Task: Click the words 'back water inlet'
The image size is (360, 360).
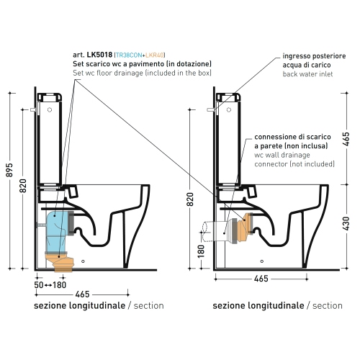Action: (x=307, y=74)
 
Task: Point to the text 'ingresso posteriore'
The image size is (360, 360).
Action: (x=314, y=55)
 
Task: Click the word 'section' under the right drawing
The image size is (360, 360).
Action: (x=328, y=306)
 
